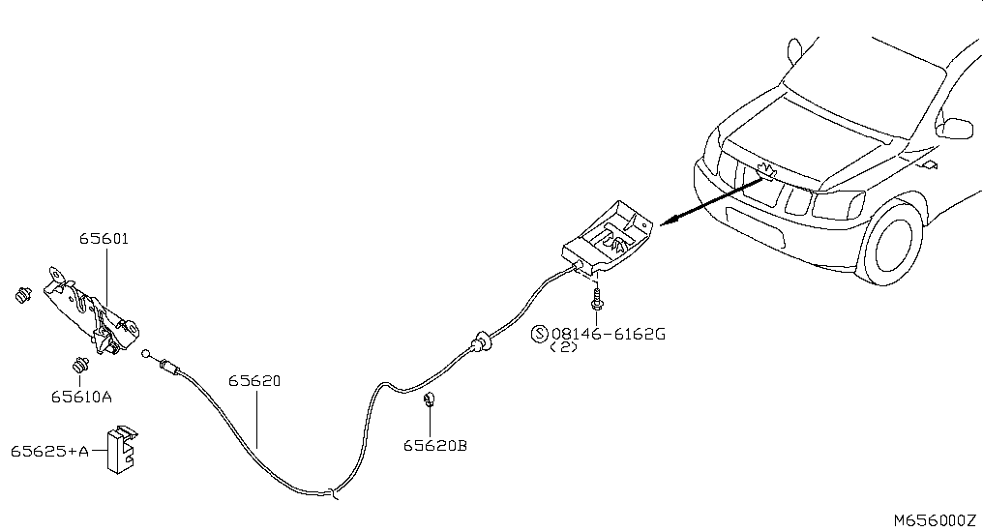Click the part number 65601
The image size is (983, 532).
pos(104,239)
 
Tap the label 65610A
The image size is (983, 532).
pos(81,398)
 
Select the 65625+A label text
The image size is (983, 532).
pos(49,451)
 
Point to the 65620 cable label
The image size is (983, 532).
pos(253,381)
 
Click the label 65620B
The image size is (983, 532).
pos(435,446)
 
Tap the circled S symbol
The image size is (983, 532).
pos(540,334)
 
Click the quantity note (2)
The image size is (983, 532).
pos(564,347)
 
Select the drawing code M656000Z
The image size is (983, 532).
pos(935,520)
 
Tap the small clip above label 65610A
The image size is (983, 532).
pos(79,364)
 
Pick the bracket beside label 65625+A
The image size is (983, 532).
pos(122,449)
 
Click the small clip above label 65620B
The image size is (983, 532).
pos(430,399)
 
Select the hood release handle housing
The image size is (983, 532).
pos(608,238)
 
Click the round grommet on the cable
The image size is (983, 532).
pos(482,340)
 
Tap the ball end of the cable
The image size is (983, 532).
pos(146,354)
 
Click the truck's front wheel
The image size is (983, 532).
pos(893,243)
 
